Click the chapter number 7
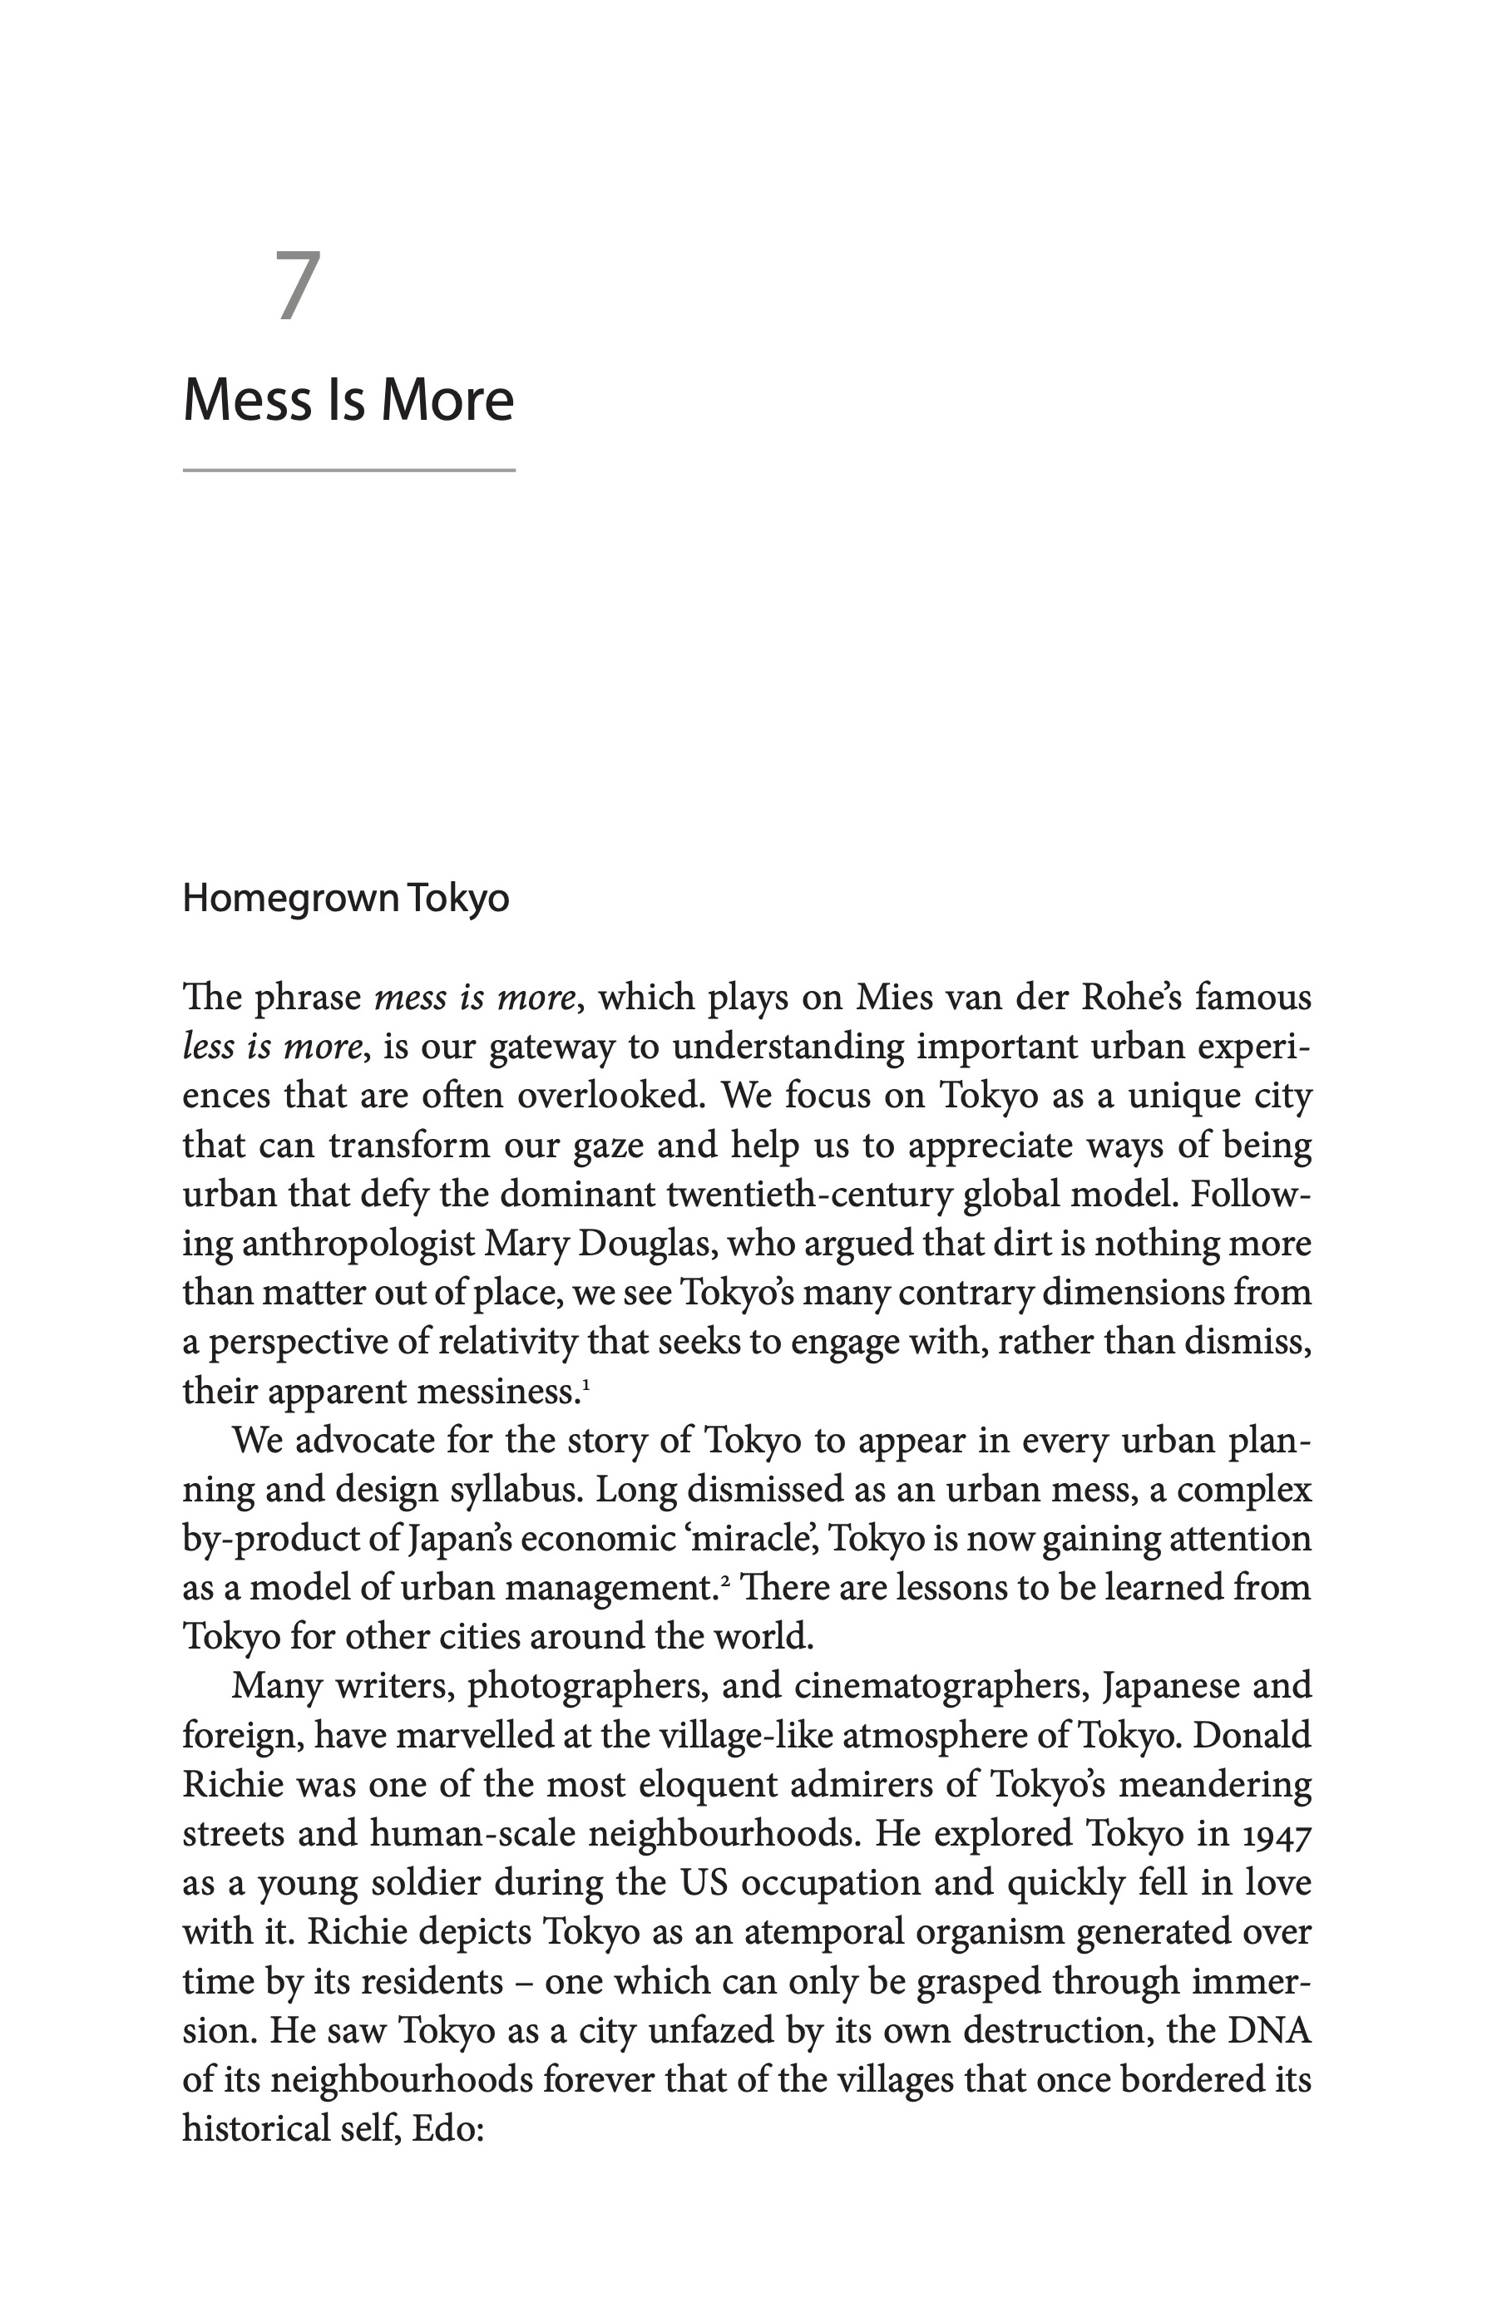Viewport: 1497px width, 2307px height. pyautogui.click(x=298, y=286)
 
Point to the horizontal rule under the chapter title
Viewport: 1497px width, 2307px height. pyautogui.click(x=348, y=470)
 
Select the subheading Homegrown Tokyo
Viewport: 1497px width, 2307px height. pyautogui.click(x=345, y=899)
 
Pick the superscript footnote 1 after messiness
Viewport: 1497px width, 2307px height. pyautogui.click(x=585, y=1383)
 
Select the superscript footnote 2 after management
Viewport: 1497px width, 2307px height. pyautogui.click(x=724, y=1579)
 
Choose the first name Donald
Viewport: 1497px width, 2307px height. pyautogui.click(x=1252, y=1734)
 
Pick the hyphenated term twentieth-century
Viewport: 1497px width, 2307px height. pyautogui.click(x=809, y=1193)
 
